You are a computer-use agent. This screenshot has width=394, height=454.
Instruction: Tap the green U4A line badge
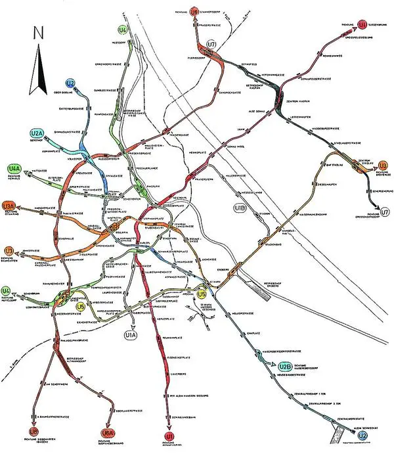pos(14,169)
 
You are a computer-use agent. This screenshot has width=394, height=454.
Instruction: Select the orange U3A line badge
pos(9,206)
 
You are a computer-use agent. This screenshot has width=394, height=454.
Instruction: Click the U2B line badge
pos(285,367)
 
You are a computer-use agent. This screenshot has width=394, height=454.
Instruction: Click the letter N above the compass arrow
pos(39,32)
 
